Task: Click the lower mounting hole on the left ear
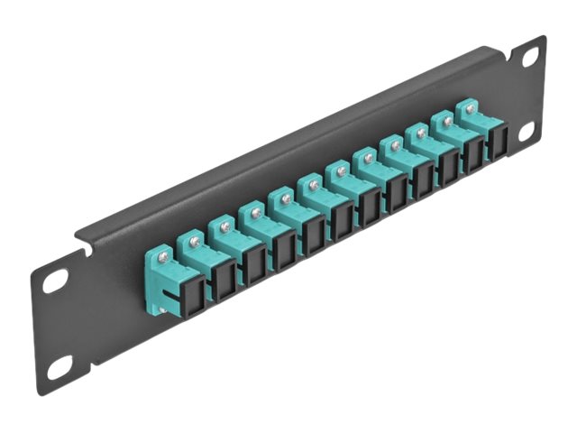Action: click(60, 366)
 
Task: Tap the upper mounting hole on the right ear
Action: click(530, 57)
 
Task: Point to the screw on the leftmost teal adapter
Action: click(162, 256)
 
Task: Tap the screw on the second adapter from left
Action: click(192, 241)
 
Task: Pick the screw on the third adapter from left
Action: click(224, 227)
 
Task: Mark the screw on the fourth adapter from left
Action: click(255, 213)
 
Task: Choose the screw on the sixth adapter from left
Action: click(313, 185)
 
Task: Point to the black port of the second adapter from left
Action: click(221, 281)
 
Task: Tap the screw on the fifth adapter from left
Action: click(284, 198)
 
